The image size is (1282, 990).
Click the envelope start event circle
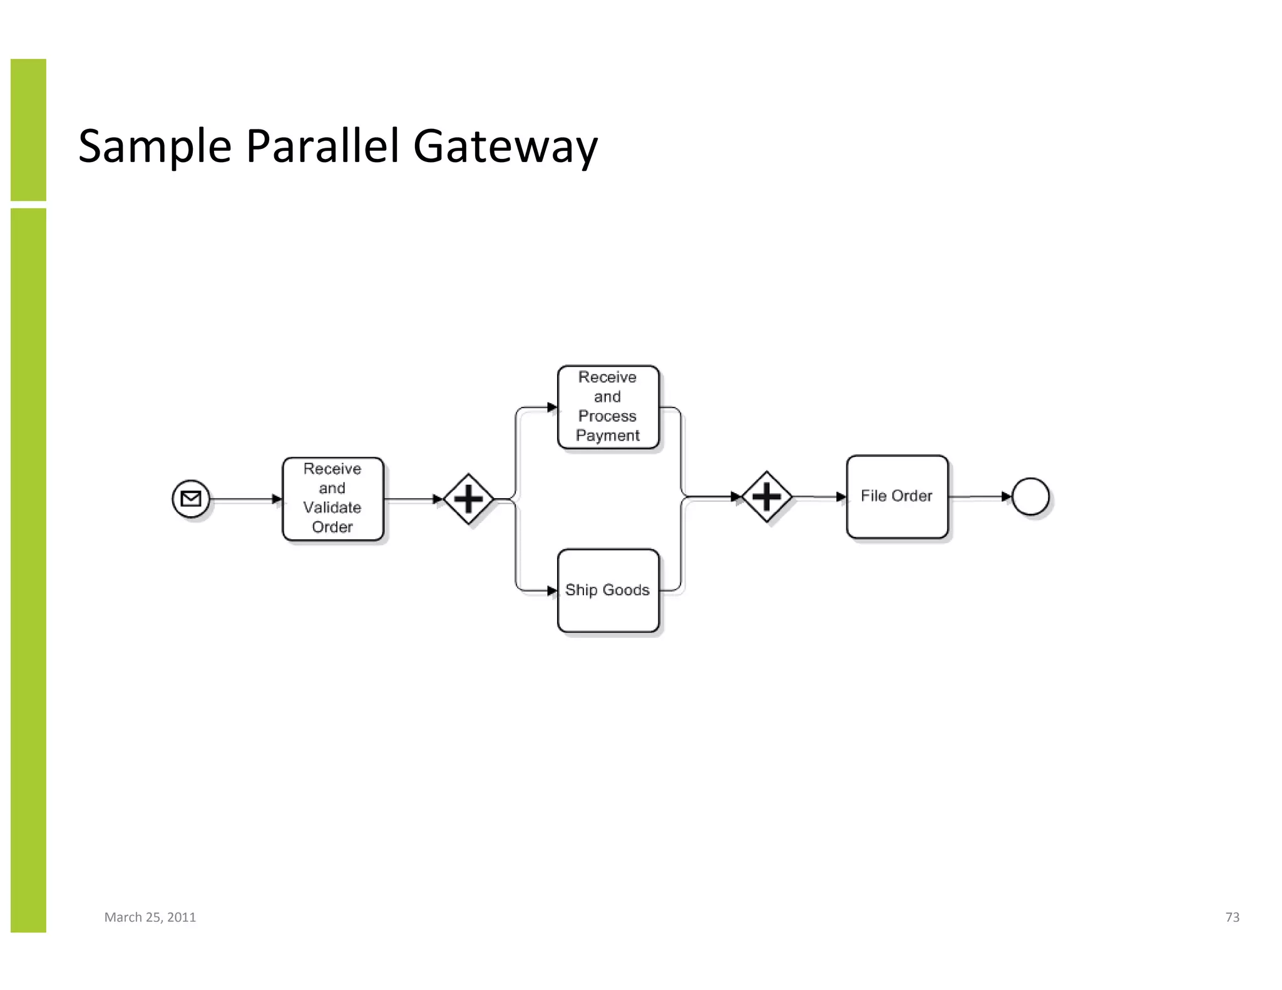coord(191,499)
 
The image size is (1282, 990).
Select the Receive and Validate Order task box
coord(332,499)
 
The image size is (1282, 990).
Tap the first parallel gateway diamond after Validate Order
coord(468,499)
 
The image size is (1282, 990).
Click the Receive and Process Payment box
coord(608,407)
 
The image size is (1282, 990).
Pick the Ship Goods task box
coord(608,590)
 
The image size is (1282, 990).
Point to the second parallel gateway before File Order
coord(766,497)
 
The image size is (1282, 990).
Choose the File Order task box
coord(896,496)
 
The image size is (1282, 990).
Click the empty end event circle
coord(1030,496)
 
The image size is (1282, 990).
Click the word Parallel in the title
coord(322,146)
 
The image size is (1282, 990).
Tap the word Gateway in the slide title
coord(505,146)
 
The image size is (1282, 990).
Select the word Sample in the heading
coord(155,146)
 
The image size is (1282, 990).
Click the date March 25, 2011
coord(150,917)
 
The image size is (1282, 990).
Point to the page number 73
coord(1232,917)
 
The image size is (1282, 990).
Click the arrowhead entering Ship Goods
coord(552,591)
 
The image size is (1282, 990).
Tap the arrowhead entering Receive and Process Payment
coord(552,407)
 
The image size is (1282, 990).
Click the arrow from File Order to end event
coord(980,497)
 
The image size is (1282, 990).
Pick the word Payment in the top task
coord(608,436)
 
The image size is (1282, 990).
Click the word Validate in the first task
coord(332,508)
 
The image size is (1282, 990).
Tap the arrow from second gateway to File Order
coord(819,497)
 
